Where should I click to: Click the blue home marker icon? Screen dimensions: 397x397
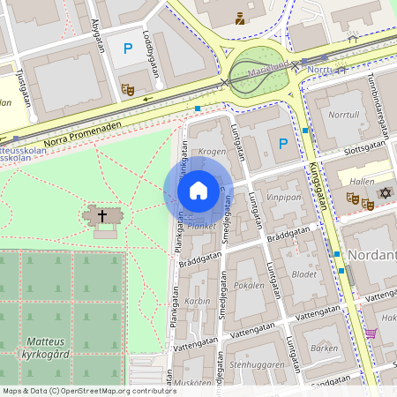(198, 191)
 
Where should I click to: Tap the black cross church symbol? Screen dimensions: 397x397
(102, 215)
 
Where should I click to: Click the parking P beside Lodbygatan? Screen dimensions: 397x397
(128, 49)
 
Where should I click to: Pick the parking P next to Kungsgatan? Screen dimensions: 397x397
(282, 144)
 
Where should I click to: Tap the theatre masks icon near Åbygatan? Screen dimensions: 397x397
(128, 88)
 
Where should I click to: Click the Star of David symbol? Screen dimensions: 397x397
(385, 192)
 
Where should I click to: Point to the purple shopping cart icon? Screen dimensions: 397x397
(371, 333)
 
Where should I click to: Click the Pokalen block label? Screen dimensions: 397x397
(250, 287)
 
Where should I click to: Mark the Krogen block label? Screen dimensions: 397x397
(212, 151)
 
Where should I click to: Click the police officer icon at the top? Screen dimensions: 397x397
(239, 18)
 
